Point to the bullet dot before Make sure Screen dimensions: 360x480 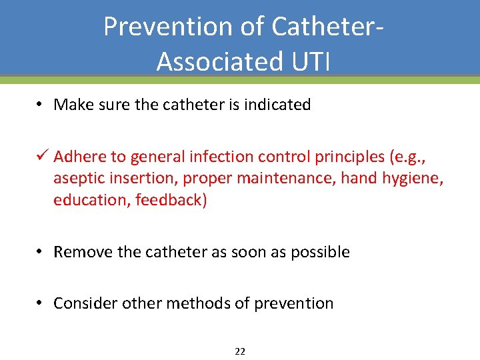pyautogui.click(x=40, y=105)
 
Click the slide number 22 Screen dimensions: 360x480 pyautogui.click(x=240, y=351)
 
